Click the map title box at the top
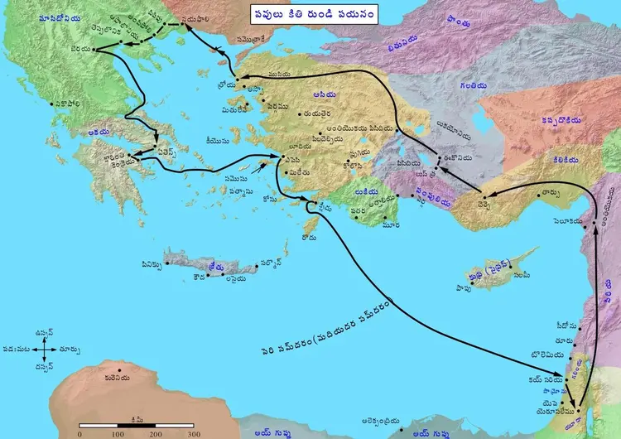(x=315, y=14)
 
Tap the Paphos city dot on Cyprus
(x=481, y=287)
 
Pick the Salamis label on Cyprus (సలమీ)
(x=521, y=273)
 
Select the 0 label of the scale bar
(x=79, y=433)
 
